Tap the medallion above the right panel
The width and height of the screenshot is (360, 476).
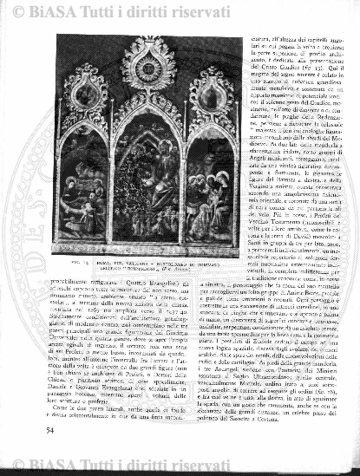(x=208, y=92)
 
